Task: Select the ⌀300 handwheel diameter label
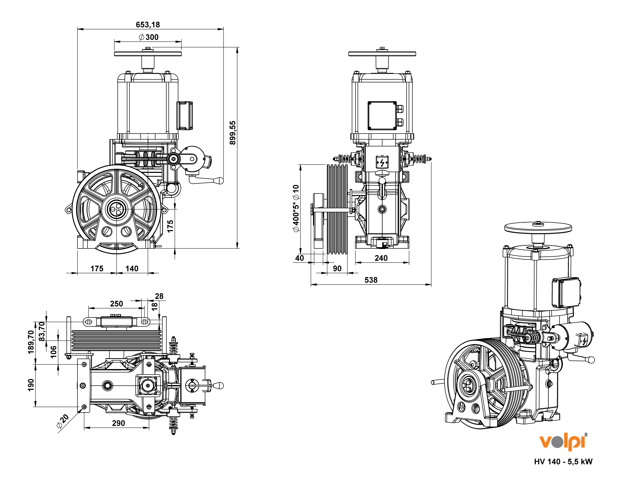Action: (x=149, y=37)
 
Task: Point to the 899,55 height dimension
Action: (x=233, y=133)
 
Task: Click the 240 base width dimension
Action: (x=381, y=258)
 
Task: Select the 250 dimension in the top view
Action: (x=116, y=304)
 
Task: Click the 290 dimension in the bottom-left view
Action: (x=118, y=423)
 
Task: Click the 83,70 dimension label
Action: (x=42, y=331)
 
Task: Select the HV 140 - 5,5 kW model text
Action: (x=563, y=462)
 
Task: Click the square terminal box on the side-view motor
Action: (x=382, y=116)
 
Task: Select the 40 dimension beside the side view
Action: (x=299, y=258)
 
